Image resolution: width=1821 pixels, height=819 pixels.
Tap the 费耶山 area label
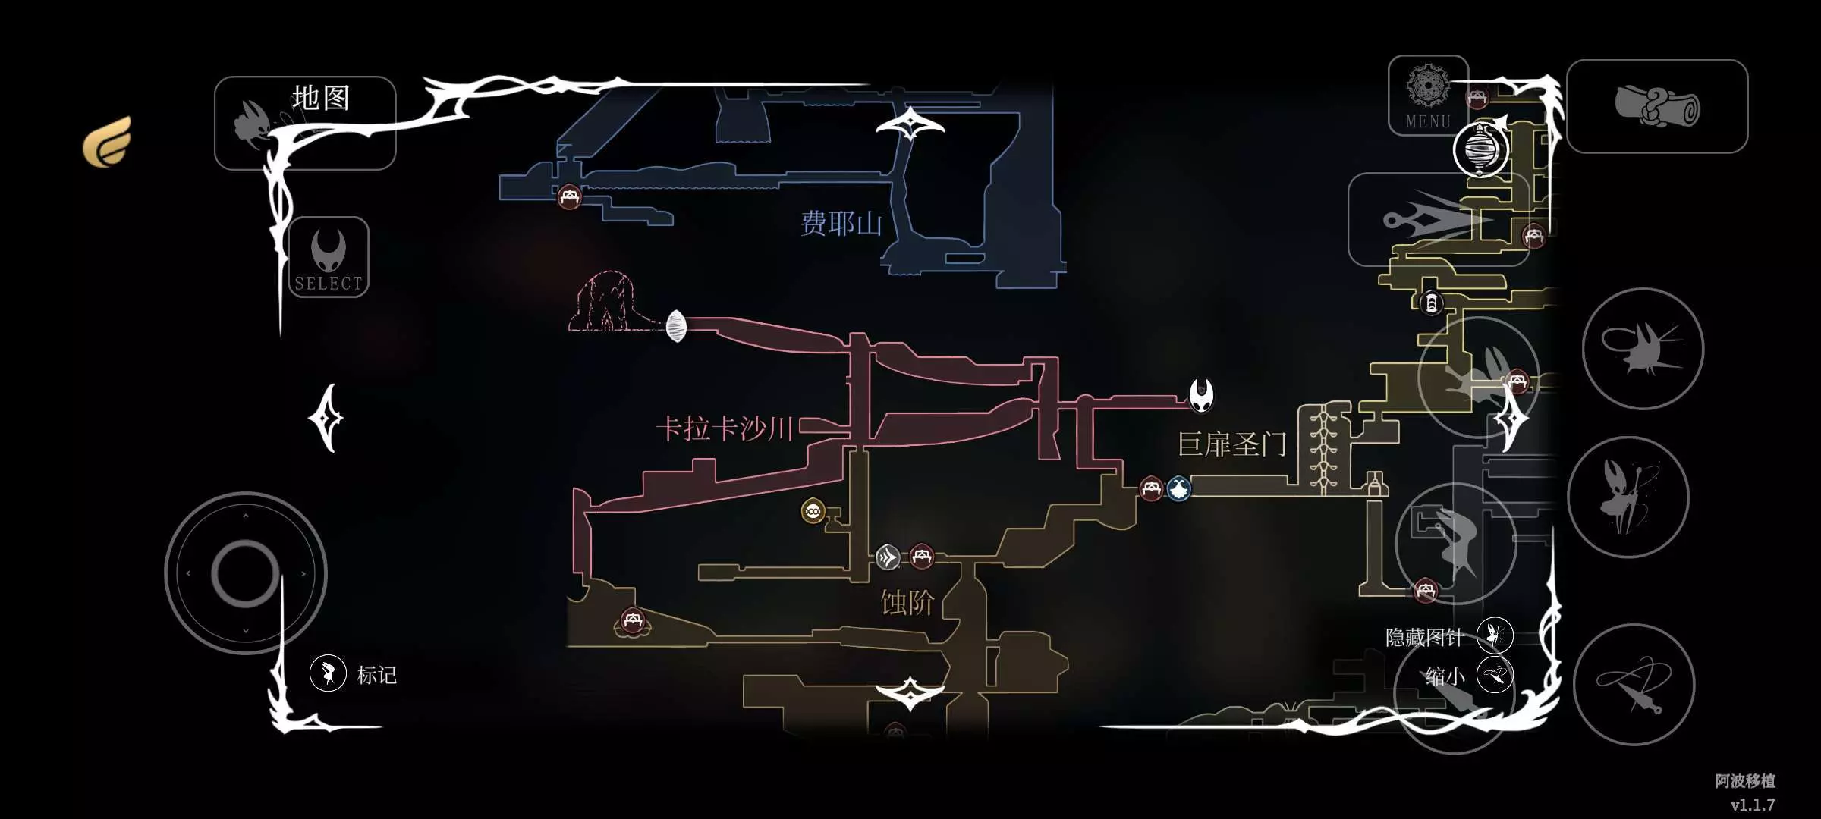click(x=841, y=224)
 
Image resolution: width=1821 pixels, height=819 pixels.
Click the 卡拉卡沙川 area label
click(x=725, y=428)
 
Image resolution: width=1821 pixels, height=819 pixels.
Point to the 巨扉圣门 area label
click(x=1232, y=444)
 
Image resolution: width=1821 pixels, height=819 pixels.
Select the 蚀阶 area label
click(x=907, y=603)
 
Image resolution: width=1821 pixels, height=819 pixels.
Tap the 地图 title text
click(x=321, y=98)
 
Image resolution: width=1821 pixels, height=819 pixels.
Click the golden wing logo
click(x=108, y=141)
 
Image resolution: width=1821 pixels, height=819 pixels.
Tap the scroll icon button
click(x=1657, y=105)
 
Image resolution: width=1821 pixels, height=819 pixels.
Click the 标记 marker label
click(x=376, y=675)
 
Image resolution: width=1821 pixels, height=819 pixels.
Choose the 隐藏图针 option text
click(x=1424, y=637)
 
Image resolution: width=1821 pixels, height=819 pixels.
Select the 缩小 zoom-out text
click(x=1445, y=676)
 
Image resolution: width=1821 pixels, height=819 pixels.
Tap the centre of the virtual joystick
click(x=245, y=573)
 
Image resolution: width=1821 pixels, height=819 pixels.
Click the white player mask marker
click(x=1201, y=395)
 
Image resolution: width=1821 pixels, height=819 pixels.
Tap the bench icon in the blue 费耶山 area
click(x=569, y=197)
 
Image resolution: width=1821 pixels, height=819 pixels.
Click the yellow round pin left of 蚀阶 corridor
click(x=813, y=511)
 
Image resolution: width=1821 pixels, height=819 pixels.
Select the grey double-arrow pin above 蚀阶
click(x=888, y=557)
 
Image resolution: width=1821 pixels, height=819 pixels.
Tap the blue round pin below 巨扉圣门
click(x=1178, y=488)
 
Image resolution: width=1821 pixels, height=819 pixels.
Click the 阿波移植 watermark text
click(x=1745, y=780)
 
